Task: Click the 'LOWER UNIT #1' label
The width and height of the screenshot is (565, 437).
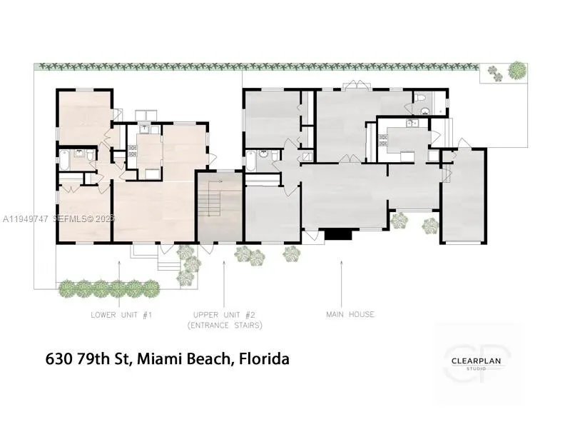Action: coord(121,314)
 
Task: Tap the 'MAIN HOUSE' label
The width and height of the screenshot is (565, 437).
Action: coord(350,314)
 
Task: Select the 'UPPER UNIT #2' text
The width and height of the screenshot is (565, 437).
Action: coord(224,314)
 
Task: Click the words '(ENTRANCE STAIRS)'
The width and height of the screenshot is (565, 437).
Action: coord(224,326)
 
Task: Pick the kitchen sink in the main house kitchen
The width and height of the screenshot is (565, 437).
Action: coord(411,124)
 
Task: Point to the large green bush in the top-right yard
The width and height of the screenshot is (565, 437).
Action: coord(516,70)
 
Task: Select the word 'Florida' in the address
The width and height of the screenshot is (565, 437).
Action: coord(263,358)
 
